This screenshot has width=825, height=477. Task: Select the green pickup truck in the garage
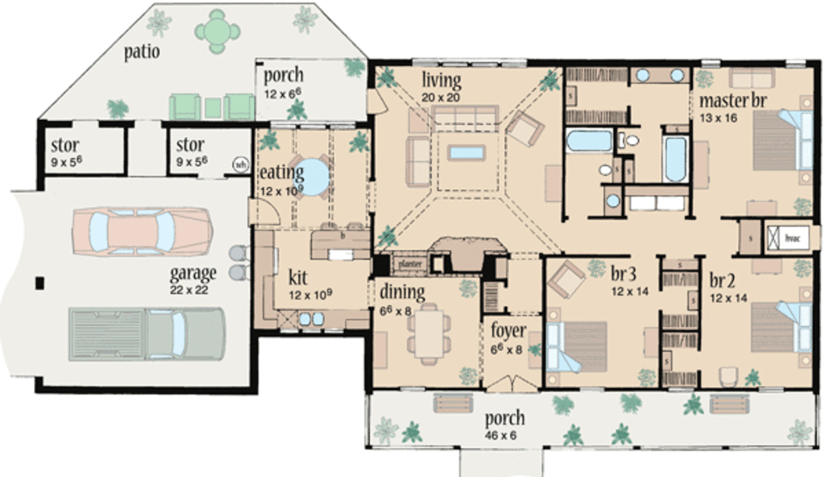coord(147,333)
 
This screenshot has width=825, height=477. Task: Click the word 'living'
coord(442,81)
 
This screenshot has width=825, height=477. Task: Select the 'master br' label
coord(732,102)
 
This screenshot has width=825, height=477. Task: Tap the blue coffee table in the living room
coord(467,152)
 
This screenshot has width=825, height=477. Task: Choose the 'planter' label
coord(410,263)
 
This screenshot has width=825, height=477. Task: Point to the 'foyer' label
coord(508,331)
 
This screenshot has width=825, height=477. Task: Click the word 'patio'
coord(142,52)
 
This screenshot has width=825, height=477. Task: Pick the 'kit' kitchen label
coord(297,278)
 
